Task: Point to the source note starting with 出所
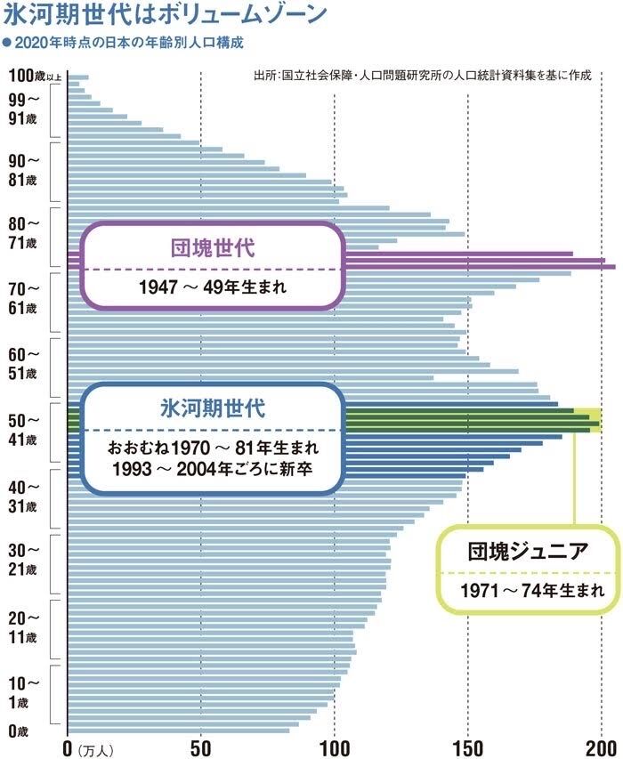coord(423,77)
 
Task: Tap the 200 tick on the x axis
coord(602,745)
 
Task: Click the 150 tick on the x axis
coord(468,745)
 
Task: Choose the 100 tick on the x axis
coord(335,745)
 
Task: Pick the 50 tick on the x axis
coord(201,745)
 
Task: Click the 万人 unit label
coord(95,747)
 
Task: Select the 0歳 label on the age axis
coord(18,731)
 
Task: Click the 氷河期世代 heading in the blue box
coord(212,408)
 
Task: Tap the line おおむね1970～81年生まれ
coord(212,445)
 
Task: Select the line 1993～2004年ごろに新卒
coord(212,469)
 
